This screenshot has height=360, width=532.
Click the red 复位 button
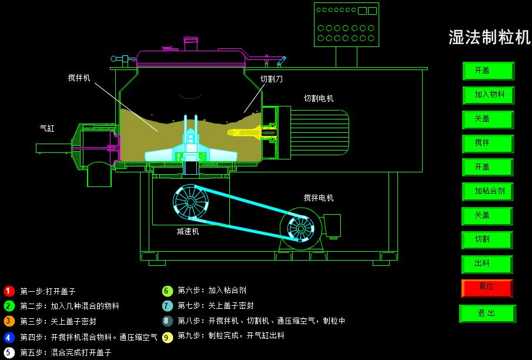487,288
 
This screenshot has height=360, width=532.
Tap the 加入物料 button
488,95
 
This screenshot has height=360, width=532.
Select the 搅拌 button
488,143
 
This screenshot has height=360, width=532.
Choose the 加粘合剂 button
488,191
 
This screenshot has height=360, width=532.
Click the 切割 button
488,239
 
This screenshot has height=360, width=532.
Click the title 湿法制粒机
489,38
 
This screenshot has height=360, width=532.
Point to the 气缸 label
47,128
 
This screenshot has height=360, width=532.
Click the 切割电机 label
319,98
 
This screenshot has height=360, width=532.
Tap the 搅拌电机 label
319,198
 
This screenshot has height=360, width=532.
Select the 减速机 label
188,231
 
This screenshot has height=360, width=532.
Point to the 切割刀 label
272,78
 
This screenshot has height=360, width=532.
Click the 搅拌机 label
79,77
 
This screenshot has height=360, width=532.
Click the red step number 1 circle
9,291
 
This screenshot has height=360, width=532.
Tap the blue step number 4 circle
9,338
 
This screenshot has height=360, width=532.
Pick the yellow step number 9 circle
168,336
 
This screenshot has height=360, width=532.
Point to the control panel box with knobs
346,25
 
